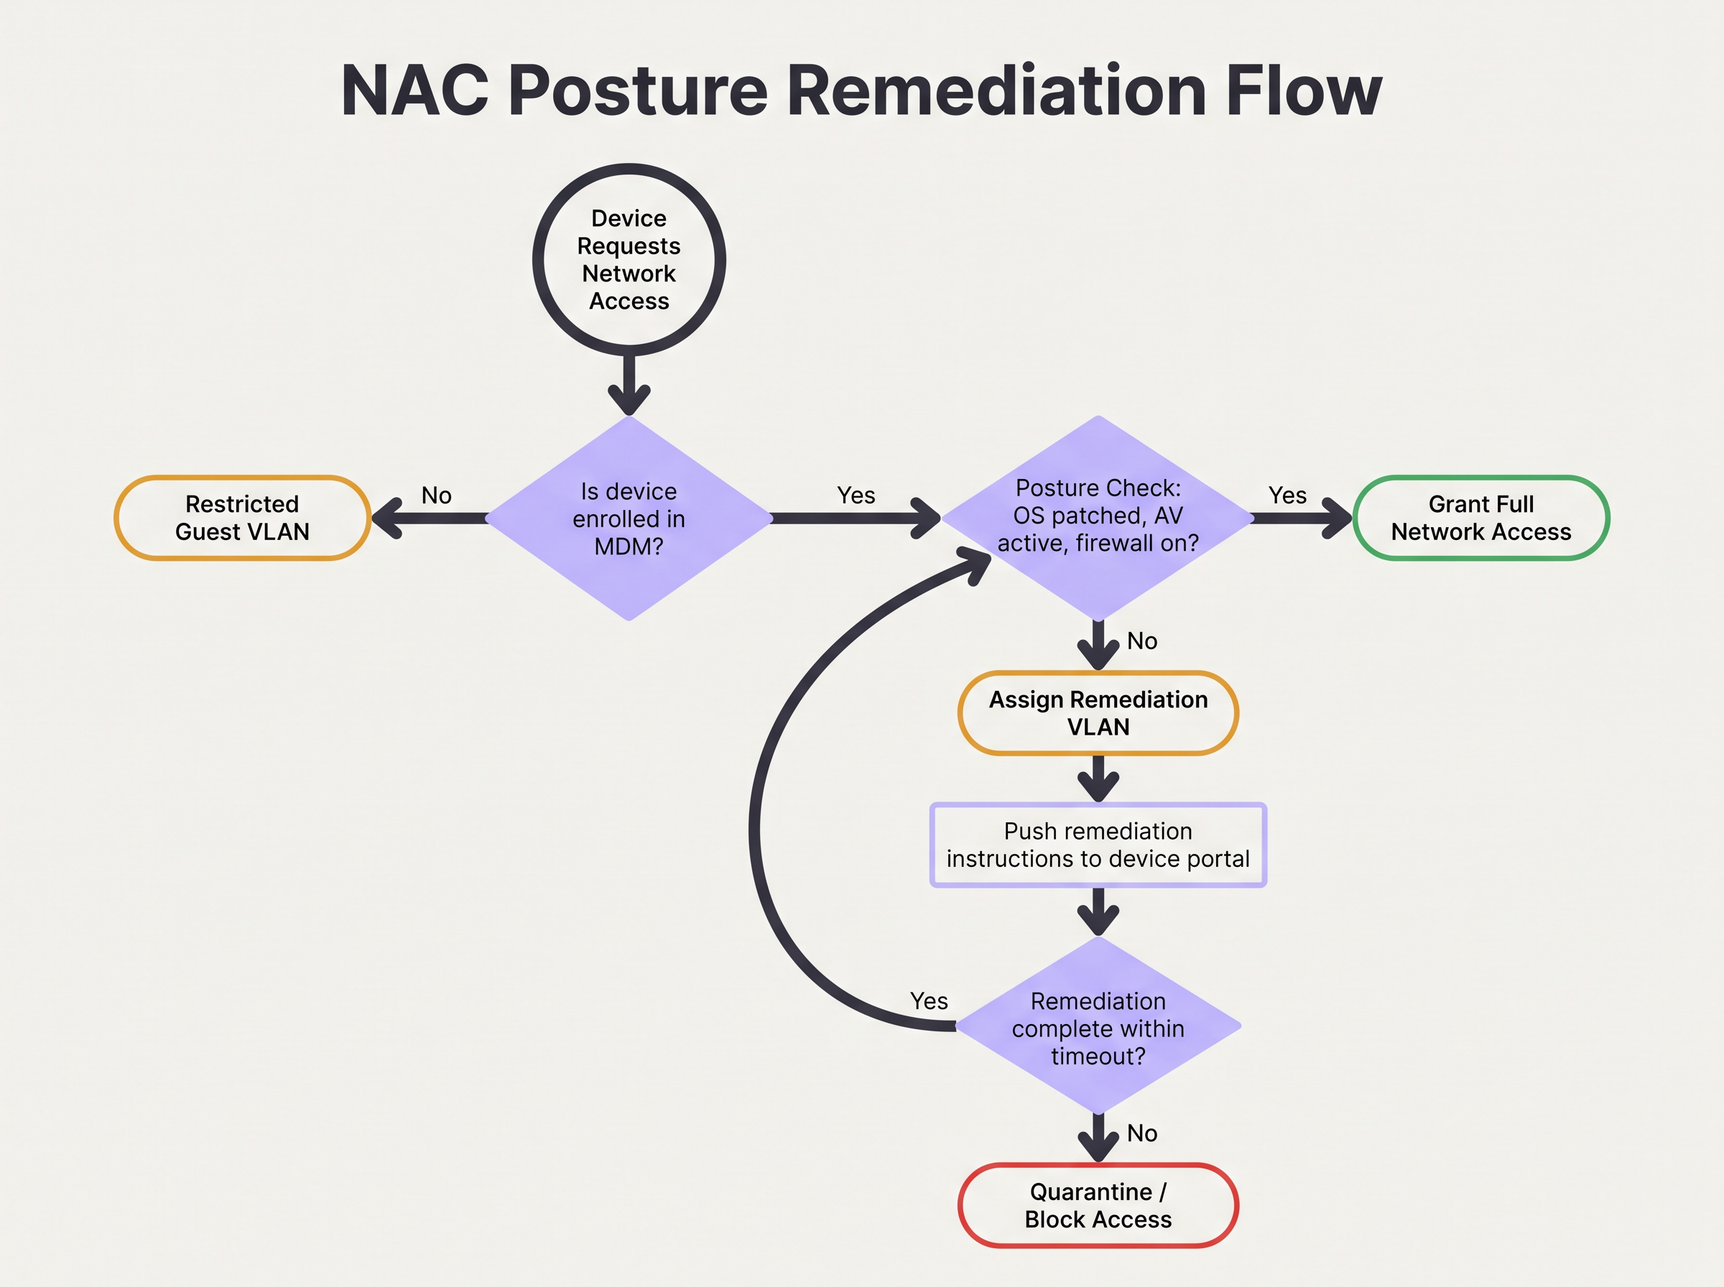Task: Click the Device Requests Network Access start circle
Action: click(x=629, y=259)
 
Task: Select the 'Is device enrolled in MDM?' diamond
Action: click(x=629, y=518)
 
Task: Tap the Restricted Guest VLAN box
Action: click(x=242, y=518)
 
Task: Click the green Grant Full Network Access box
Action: click(x=1480, y=518)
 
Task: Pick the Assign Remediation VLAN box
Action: click(x=1098, y=713)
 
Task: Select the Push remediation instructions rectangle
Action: click(x=1098, y=845)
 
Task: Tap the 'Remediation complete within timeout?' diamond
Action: click(x=1098, y=1028)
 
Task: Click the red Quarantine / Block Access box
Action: click(x=1098, y=1205)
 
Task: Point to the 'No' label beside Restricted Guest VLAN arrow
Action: click(x=436, y=496)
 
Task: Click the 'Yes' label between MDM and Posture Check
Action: click(x=856, y=496)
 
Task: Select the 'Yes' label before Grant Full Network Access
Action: click(x=1287, y=496)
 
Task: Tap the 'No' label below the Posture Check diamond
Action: click(x=1142, y=641)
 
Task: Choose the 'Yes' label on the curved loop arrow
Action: click(x=929, y=1001)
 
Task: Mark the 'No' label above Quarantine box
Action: click(x=1142, y=1133)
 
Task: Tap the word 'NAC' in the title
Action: click(x=414, y=91)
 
